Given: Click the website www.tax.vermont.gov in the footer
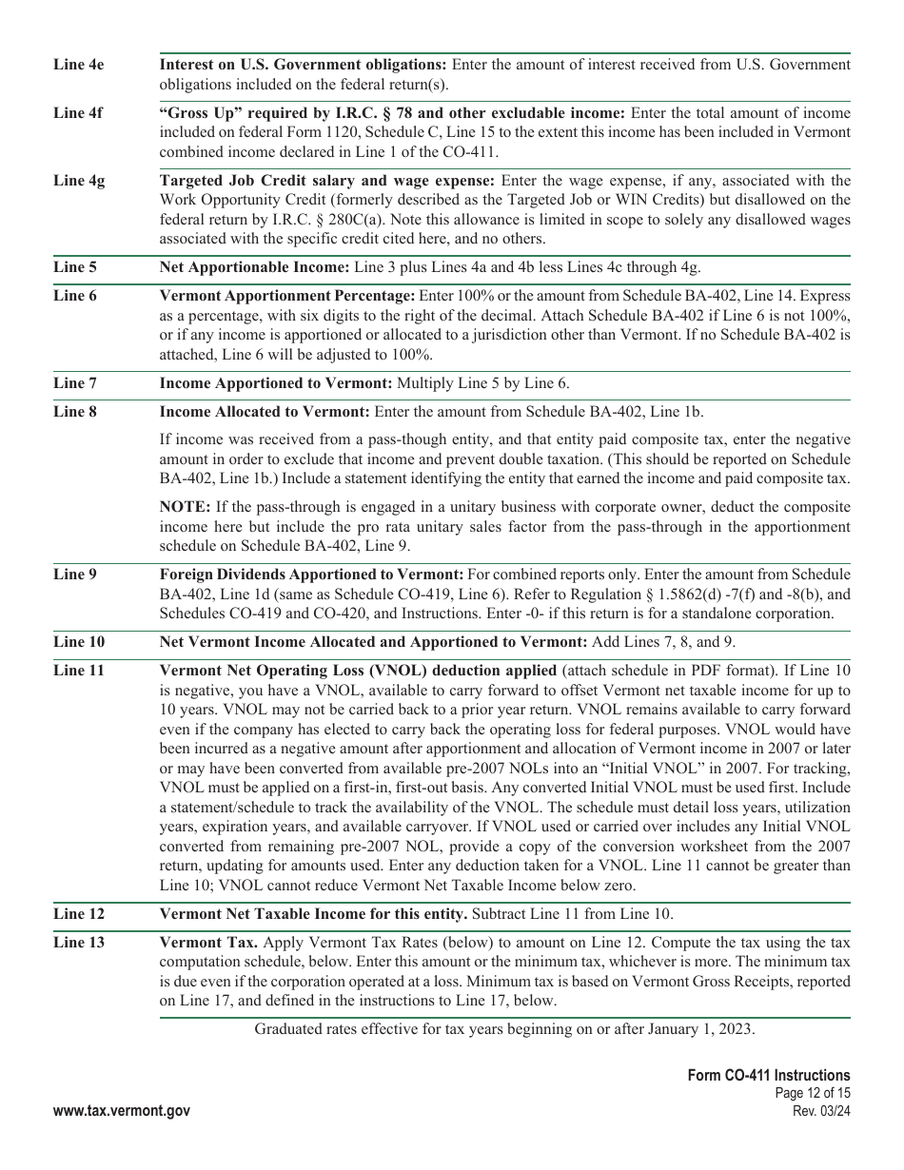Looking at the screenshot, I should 121,1110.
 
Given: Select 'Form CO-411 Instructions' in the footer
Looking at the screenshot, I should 769,1076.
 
